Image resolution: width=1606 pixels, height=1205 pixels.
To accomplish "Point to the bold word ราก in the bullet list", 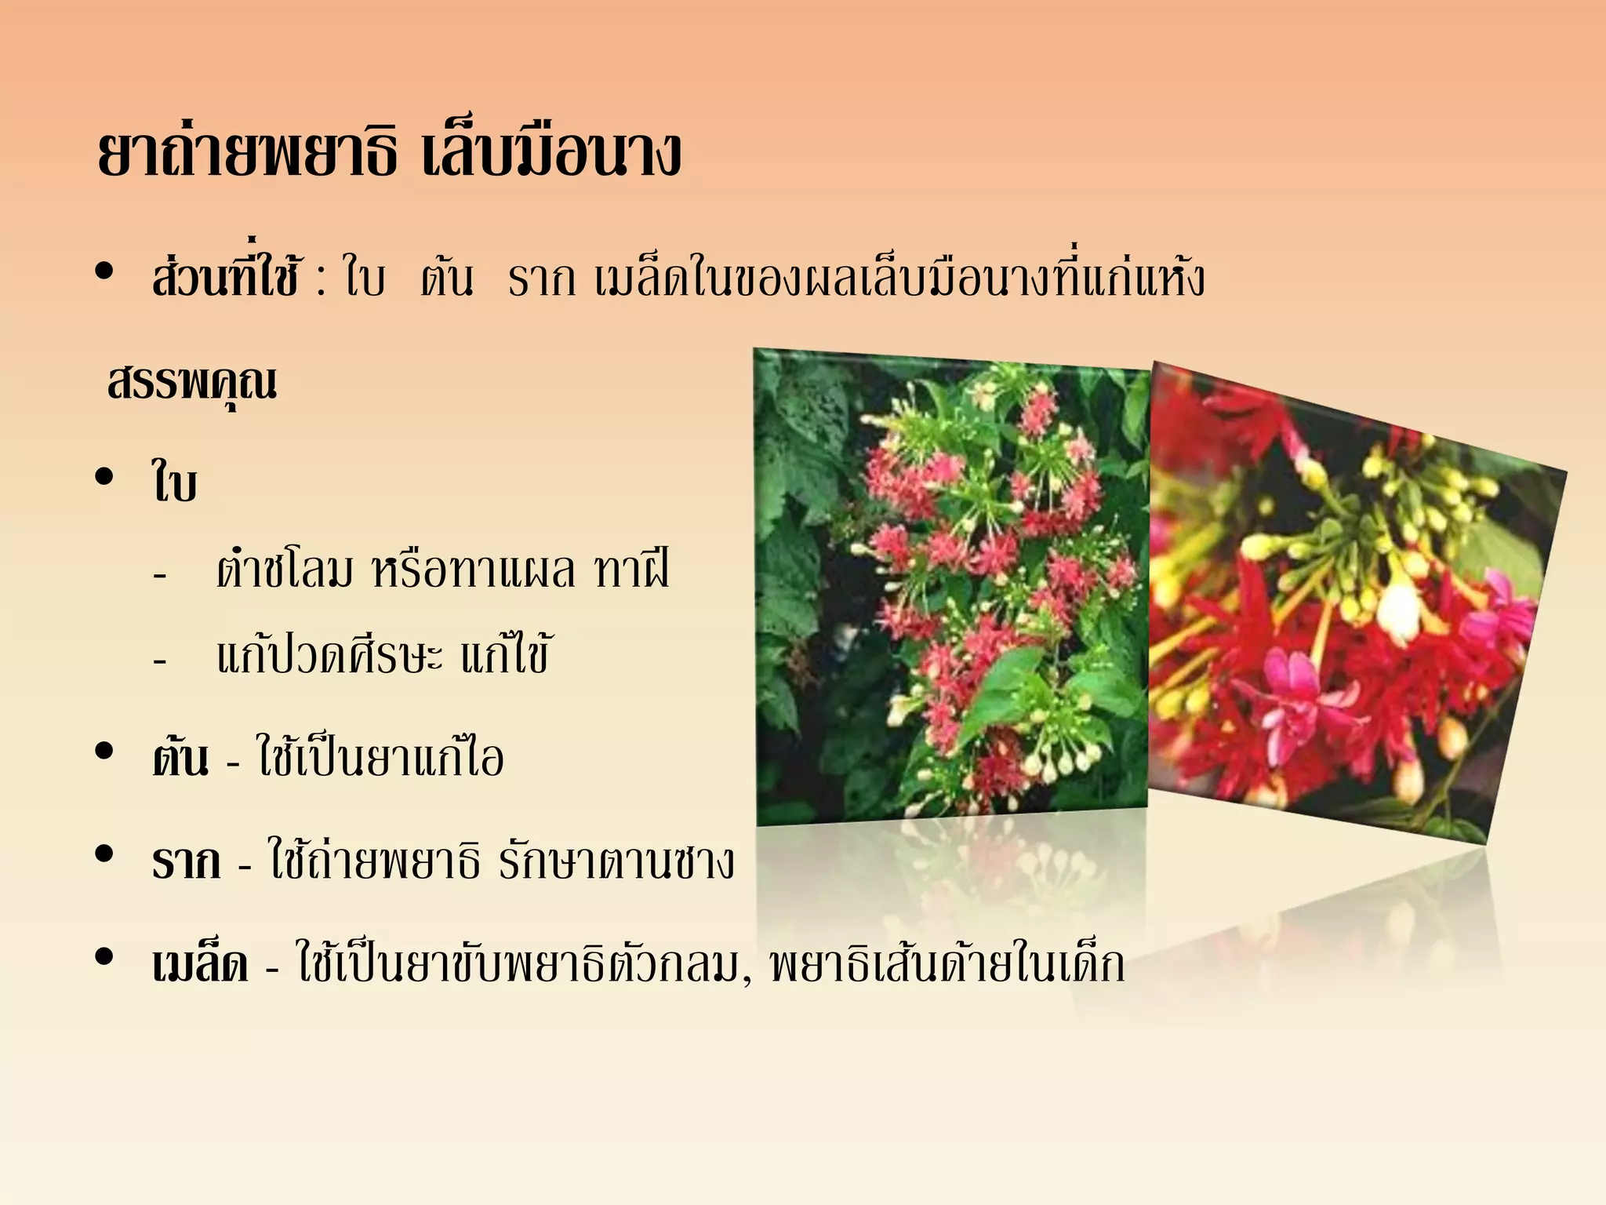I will (x=187, y=861).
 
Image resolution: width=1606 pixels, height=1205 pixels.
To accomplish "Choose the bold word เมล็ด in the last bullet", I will (x=201, y=964).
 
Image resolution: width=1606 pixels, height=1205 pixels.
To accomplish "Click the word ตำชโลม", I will (x=285, y=570).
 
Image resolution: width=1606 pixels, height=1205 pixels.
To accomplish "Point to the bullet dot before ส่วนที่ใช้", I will (x=104, y=271).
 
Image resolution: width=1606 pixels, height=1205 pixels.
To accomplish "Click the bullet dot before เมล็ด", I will (x=104, y=957).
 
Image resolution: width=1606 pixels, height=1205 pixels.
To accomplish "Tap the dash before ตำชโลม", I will (x=160, y=576).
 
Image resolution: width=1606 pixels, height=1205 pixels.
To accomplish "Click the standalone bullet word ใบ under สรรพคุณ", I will (x=174, y=482).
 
